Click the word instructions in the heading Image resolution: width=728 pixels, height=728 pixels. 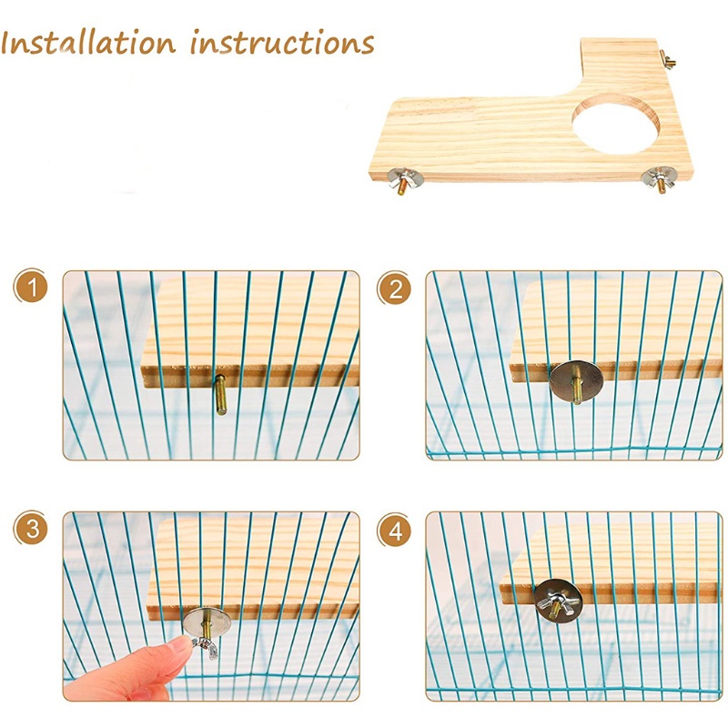[x=283, y=44]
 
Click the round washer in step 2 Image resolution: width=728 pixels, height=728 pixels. [x=574, y=380]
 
